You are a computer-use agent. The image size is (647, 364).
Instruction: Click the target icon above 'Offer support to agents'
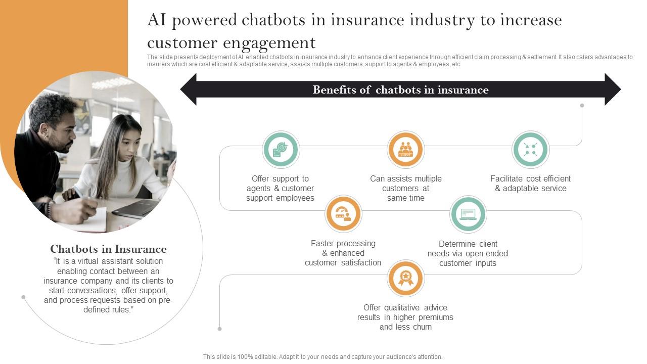pos(281,150)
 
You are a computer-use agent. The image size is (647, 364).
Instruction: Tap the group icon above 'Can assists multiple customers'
pos(405,150)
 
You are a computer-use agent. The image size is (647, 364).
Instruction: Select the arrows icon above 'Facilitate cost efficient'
pos(530,150)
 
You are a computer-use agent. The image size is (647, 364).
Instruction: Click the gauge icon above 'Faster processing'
pos(343,214)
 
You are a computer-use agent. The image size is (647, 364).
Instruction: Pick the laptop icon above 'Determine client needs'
pos(468,214)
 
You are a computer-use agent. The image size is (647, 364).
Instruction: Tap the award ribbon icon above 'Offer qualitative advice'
pos(405,279)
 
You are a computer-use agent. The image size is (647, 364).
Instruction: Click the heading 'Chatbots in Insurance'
pos(108,249)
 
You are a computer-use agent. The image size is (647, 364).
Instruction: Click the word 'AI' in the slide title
pos(156,20)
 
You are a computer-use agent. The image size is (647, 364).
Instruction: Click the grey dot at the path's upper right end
pos(582,106)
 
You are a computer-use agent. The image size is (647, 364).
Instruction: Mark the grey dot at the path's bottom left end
pos(219,329)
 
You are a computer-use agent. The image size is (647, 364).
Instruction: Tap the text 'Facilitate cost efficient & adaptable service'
pos(530,184)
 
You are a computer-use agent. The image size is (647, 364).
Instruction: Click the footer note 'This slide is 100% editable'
pos(322,357)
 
